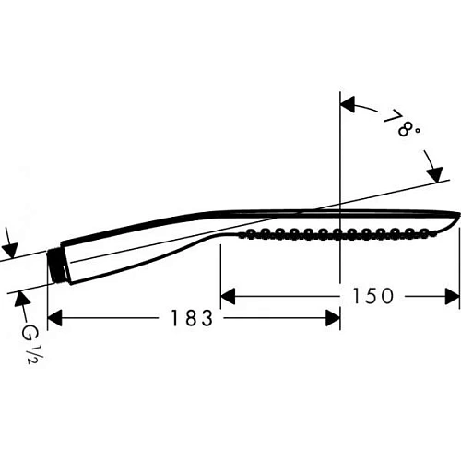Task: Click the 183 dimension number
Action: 191,319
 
